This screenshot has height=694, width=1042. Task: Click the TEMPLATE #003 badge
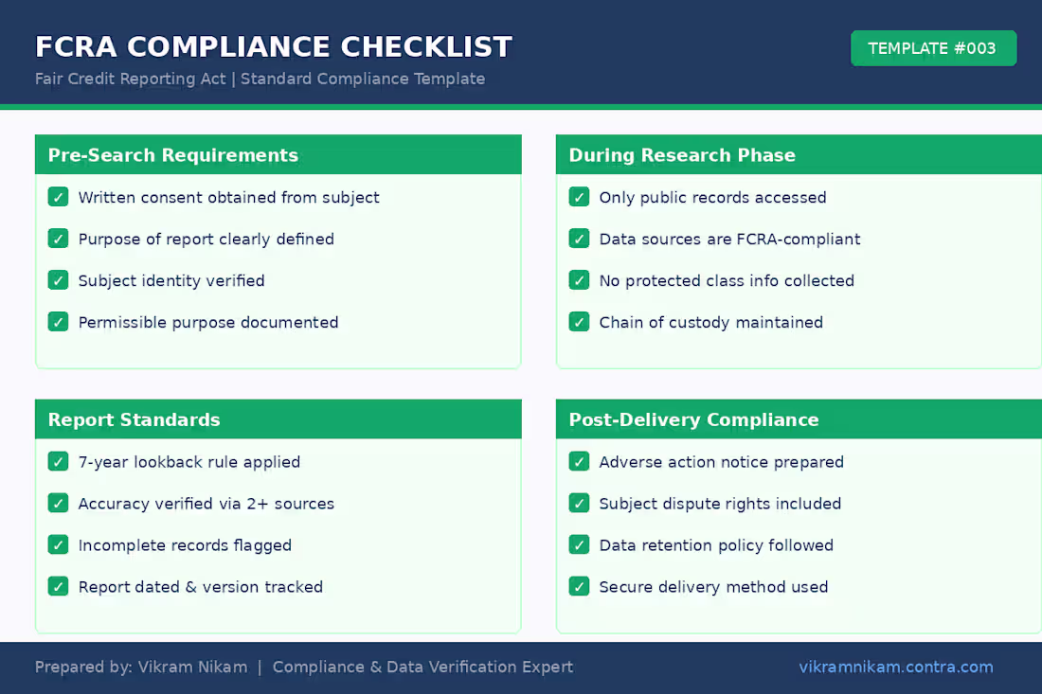point(933,48)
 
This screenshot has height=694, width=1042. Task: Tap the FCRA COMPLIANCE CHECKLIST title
point(274,46)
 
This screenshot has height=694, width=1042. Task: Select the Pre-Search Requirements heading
point(173,155)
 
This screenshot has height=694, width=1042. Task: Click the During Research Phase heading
point(682,155)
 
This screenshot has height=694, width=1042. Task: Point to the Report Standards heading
point(134,419)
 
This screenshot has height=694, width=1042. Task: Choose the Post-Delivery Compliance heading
point(693,419)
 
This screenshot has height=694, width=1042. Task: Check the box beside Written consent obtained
point(58,197)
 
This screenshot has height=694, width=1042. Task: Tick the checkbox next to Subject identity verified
point(58,280)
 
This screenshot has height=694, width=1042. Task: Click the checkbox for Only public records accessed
point(579,197)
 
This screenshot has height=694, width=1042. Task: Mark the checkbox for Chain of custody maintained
point(579,322)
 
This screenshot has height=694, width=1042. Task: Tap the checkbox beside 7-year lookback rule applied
point(58,462)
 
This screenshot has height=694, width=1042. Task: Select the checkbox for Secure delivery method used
point(579,587)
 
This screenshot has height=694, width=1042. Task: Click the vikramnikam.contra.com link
point(896,667)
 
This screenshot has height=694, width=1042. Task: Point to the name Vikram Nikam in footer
point(192,667)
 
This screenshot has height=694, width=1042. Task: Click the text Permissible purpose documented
point(208,322)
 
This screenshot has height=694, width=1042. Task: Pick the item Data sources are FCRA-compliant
point(729,239)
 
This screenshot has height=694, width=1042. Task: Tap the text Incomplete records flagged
point(185,545)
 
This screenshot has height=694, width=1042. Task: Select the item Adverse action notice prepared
point(721,462)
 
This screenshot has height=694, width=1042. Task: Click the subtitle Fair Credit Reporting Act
point(131,79)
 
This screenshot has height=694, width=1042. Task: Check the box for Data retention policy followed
point(579,545)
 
